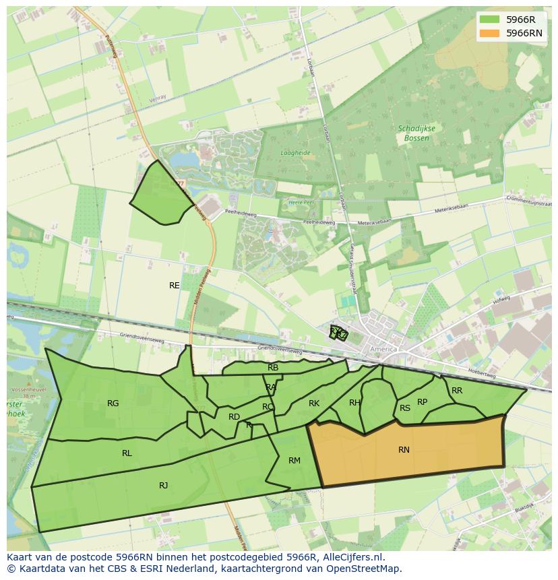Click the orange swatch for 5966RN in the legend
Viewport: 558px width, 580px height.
tap(489, 33)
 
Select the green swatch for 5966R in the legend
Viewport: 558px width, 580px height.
tap(489, 20)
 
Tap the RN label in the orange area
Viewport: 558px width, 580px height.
tap(404, 450)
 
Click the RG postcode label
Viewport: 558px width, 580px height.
tap(113, 404)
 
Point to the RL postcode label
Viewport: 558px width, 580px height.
tap(127, 453)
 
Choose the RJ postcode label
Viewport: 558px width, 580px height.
tap(163, 486)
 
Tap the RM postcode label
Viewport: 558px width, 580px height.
tap(294, 461)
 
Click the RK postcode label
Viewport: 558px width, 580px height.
tap(314, 404)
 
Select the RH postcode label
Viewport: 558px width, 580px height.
tap(354, 403)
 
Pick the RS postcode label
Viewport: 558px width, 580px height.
tap(405, 408)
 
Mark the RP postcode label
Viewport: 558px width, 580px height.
tap(422, 402)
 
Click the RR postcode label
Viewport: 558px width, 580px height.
tap(457, 391)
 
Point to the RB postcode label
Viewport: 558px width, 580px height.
tap(273, 368)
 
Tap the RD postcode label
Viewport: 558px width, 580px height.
tap(234, 417)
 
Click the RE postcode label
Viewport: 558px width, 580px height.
tap(175, 286)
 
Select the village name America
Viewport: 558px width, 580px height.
tap(385, 350)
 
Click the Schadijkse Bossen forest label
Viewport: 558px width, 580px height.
tap(416, 133)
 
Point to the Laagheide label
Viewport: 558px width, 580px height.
tap(295, 153)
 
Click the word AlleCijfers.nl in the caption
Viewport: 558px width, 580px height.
tap(351, 557)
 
